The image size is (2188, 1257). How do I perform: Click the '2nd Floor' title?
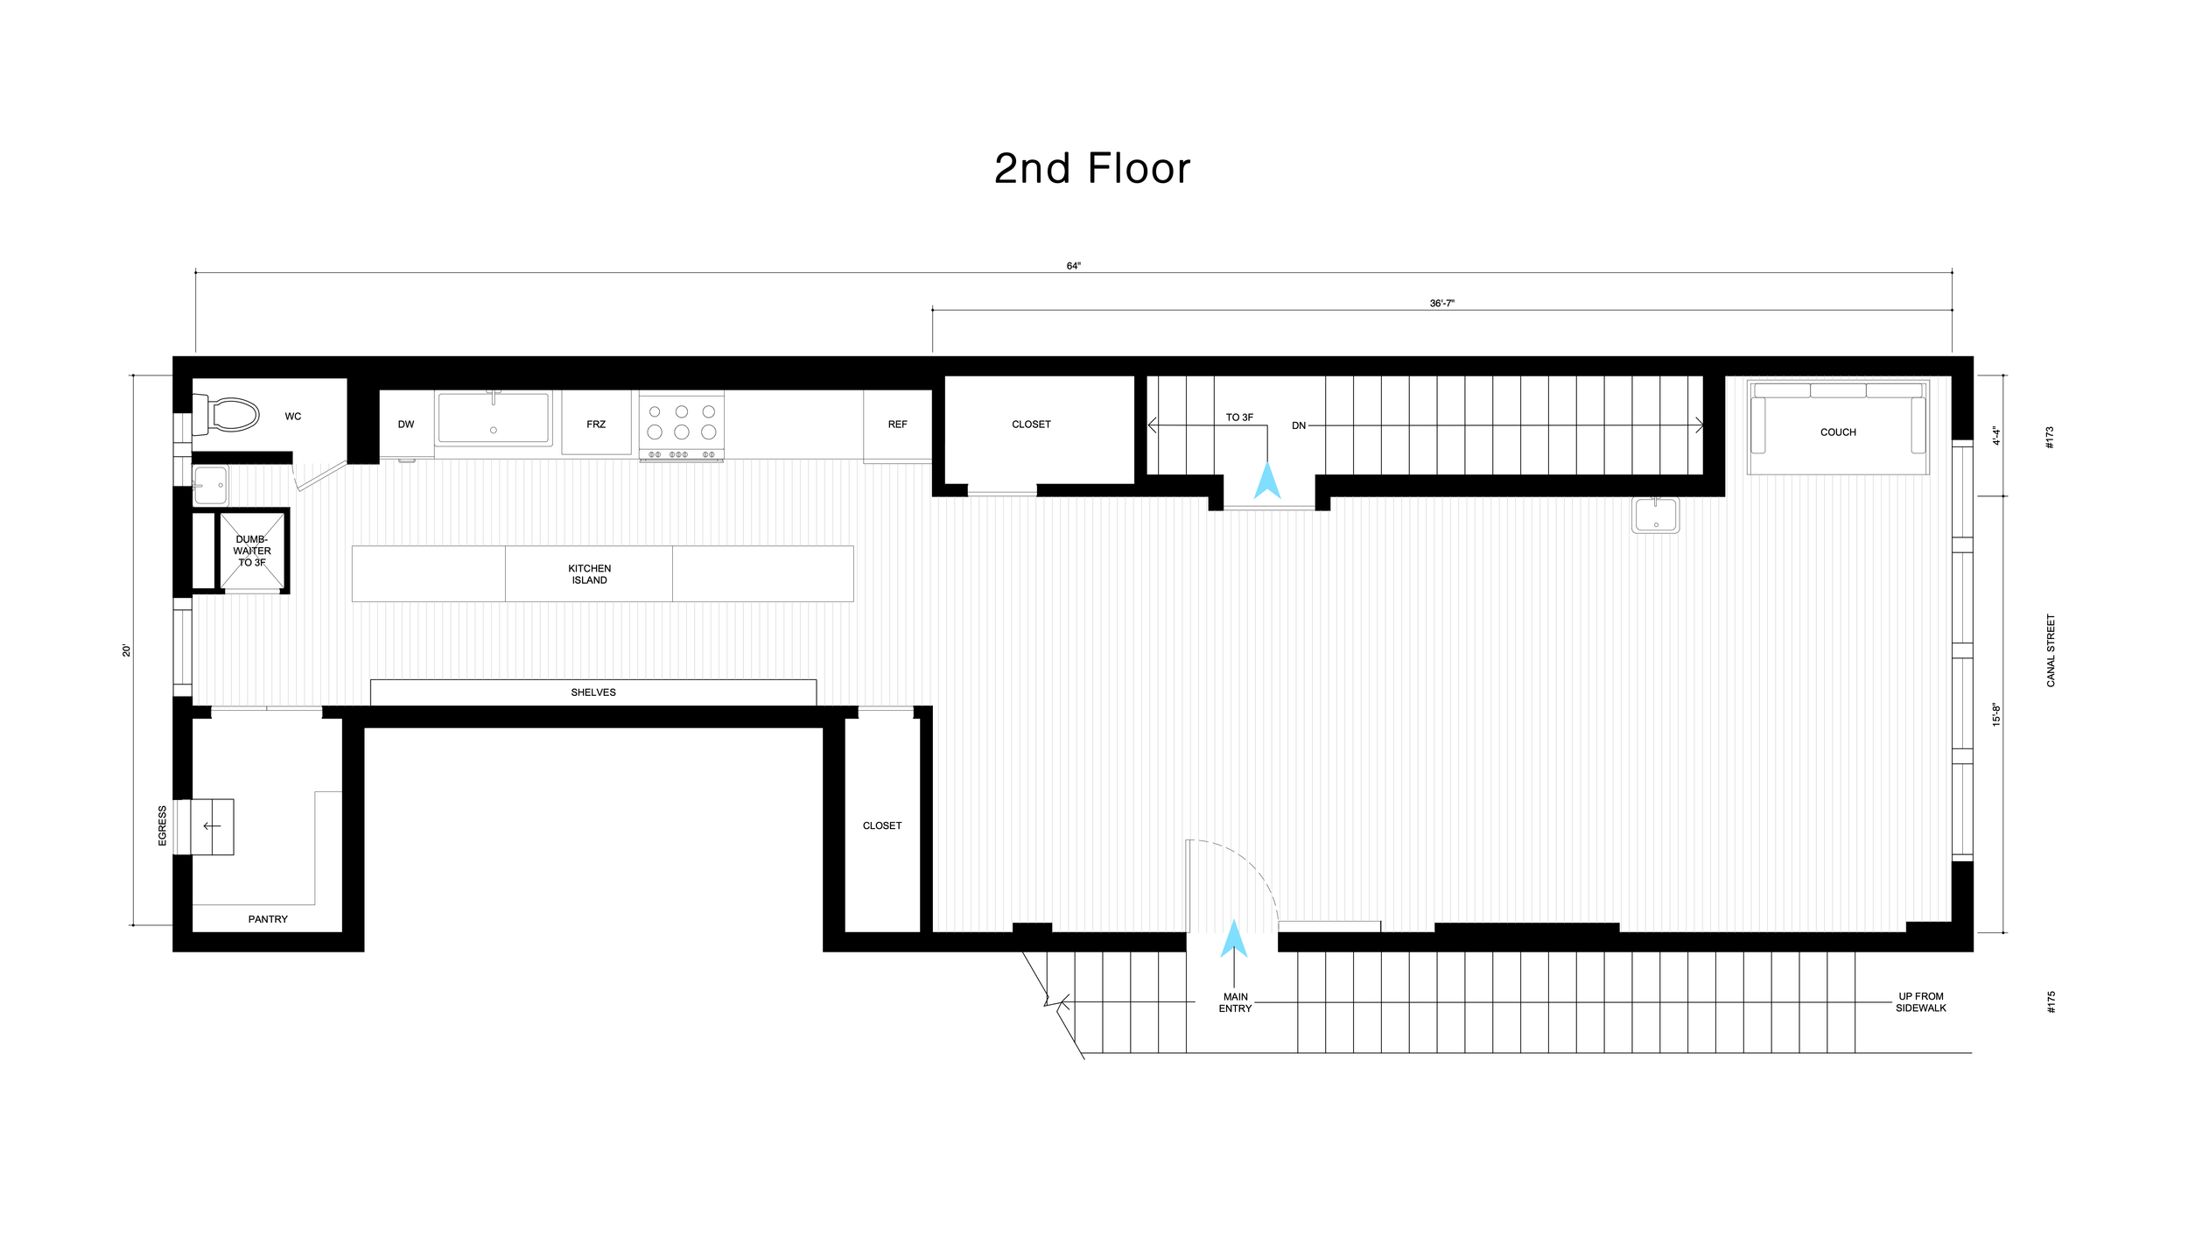point(1092,168)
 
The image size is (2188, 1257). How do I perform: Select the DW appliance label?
point(406,425)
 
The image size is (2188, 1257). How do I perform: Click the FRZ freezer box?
point(596,423)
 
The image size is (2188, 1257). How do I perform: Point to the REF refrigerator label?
point(897,425)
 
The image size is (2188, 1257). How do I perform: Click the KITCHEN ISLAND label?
point(590,574)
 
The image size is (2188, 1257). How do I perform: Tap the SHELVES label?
point(593,692)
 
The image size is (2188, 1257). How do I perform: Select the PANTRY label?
point(268,919)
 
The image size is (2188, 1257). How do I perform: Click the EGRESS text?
point(162,825)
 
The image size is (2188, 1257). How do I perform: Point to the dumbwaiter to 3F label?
point(252,551)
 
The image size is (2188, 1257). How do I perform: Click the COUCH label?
point(1838,432)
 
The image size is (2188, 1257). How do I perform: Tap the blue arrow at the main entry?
point(1234,937)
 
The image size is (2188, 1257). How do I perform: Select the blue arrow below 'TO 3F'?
point(1267,481)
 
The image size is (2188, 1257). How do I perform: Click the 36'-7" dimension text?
point(1442,304)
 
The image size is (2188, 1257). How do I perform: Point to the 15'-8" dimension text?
point(1997,714)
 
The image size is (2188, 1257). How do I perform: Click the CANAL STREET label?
point(2051,650)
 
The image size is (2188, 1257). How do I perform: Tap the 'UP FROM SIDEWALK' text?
point(1921,1002)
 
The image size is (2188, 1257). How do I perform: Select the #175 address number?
point(2051,1002)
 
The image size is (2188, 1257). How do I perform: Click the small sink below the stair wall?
point(1656,515)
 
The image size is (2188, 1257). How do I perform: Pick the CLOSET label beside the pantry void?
point(882,825)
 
